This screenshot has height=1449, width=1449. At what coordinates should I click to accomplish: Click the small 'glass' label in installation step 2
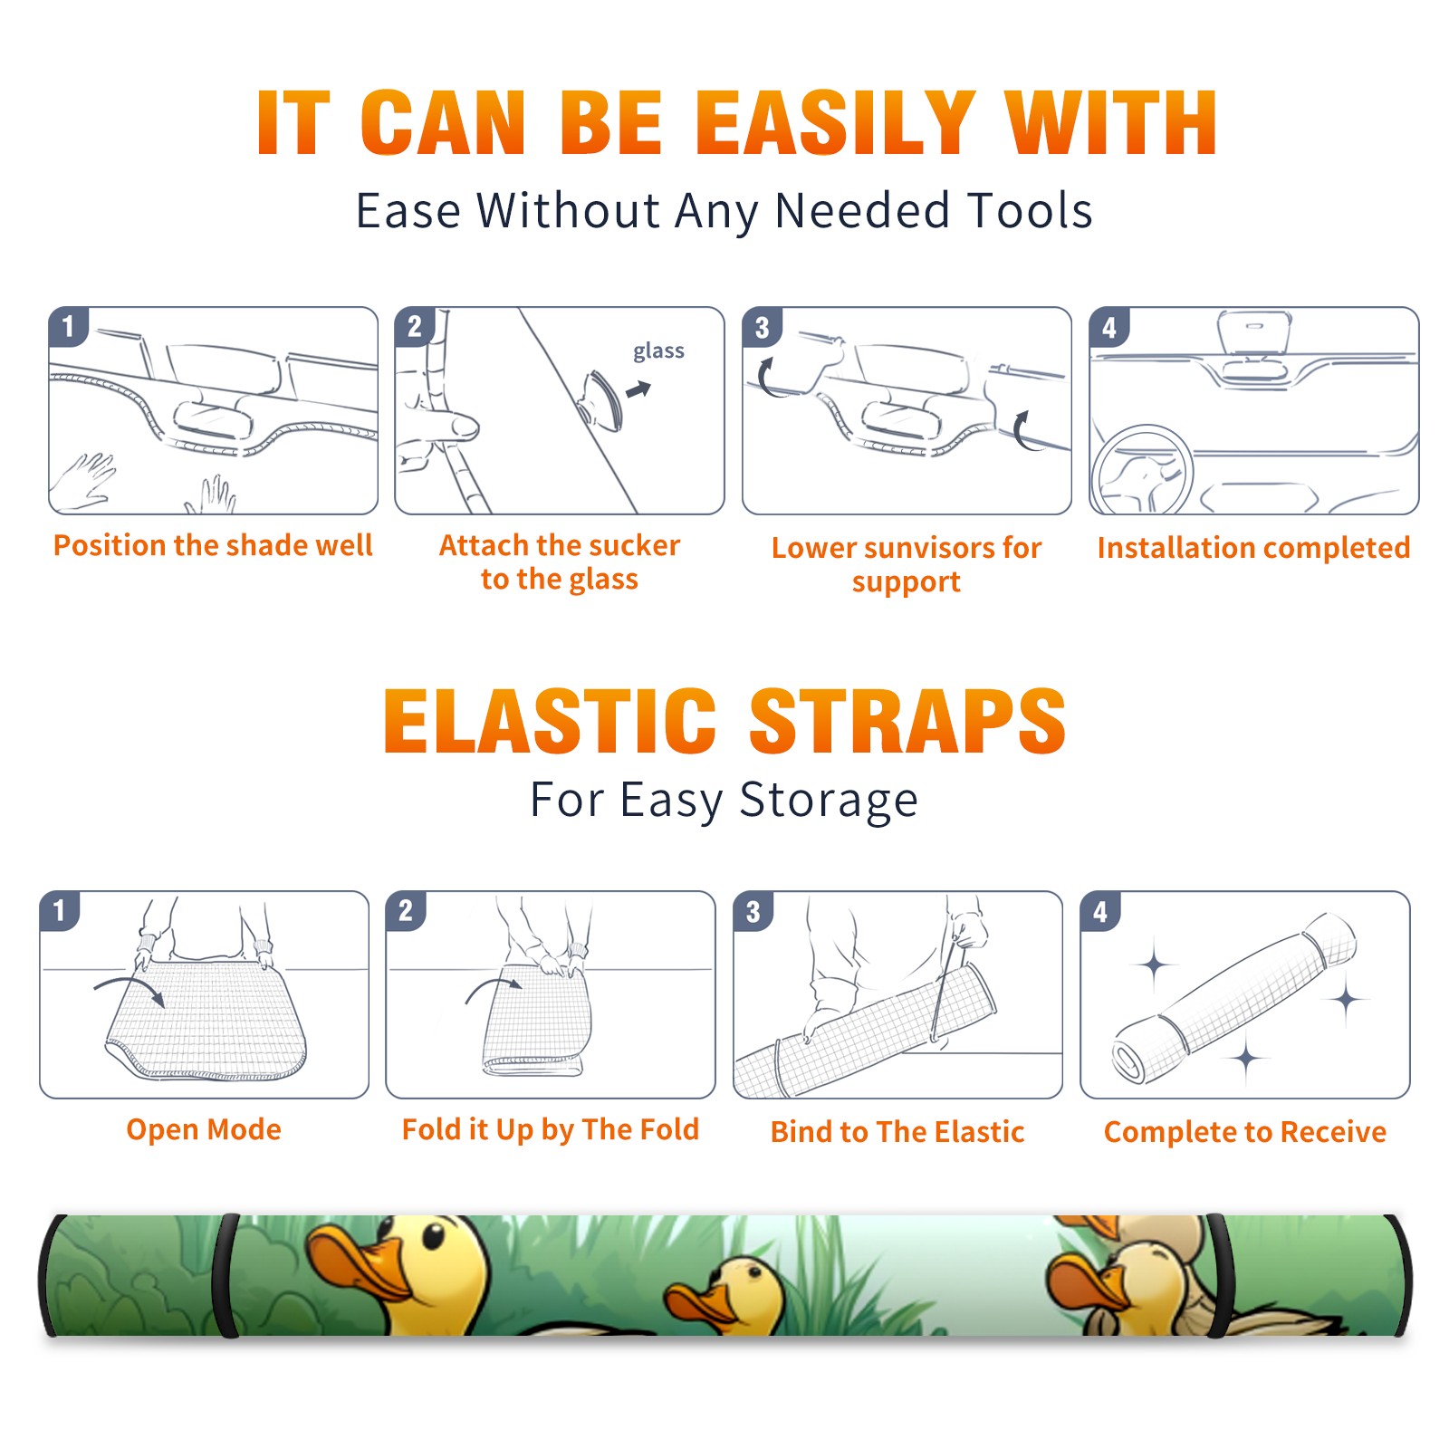click(658, 351)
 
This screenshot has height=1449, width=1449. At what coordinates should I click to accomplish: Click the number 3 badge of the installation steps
click(762, 327)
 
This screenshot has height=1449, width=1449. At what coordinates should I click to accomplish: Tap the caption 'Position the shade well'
click(213, 545)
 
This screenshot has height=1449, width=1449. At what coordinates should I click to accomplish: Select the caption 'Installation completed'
click(1253, 547)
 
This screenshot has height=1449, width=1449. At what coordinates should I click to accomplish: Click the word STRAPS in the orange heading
click(907, 721)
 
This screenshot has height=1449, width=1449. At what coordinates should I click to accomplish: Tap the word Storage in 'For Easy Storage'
click(829, 801)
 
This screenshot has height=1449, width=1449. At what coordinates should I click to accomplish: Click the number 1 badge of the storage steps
click(60, 911)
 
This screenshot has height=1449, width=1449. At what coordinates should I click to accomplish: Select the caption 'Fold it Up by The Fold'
click(551, 1129)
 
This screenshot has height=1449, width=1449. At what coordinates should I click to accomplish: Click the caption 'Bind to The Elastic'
click(897, 1131)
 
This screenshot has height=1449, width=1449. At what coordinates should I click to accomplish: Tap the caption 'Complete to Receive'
click(1244, 1131)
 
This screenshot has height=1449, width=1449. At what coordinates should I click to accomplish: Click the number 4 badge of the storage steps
click(1100, 911)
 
